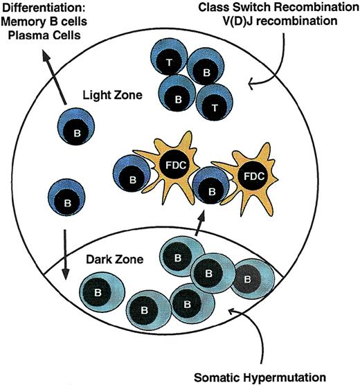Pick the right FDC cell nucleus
pyautogui.click(x=252, y=176)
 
